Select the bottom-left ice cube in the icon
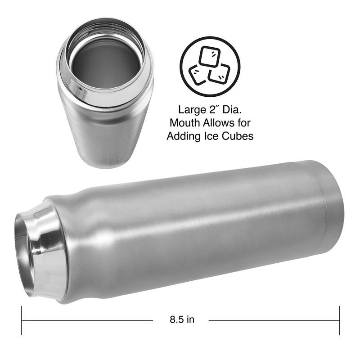point(198,75)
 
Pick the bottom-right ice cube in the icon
point(220,73)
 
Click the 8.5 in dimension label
point(182,320)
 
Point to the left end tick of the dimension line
point(22,320)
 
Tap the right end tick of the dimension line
point(339,320)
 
